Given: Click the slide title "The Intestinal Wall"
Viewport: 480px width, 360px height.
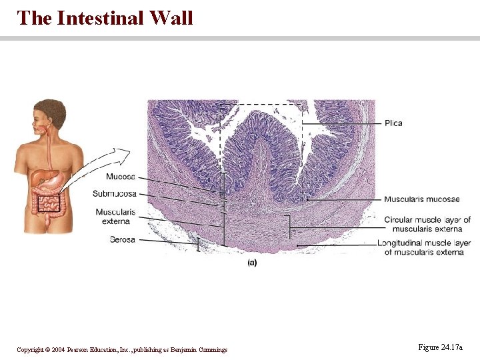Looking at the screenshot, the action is [105, 17].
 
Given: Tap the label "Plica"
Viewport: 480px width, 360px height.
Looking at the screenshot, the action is [393, 123].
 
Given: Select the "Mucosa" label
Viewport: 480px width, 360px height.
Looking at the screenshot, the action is [120, 177].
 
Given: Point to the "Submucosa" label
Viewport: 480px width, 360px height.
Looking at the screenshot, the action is [115, 193].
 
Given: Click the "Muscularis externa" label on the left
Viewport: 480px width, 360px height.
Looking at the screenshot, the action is [115, 216].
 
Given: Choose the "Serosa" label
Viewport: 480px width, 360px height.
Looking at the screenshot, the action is [123, 239].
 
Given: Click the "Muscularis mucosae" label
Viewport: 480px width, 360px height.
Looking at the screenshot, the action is [421, 199].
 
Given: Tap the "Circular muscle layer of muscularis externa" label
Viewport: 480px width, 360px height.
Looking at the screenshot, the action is [427, 224].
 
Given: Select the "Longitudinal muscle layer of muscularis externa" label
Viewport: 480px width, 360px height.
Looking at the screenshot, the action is [424, 247].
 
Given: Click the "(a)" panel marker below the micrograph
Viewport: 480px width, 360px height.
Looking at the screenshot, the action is [252, 263].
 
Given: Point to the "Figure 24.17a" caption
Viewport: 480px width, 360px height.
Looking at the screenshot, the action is [440, 347].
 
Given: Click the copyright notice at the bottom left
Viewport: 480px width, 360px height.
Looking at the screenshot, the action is [122, 349].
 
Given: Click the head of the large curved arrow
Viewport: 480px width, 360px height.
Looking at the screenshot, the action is [124, 153].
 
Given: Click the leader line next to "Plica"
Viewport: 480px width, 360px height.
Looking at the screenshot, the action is [340, 124].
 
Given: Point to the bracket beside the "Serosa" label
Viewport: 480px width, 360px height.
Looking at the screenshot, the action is [198, 245].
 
